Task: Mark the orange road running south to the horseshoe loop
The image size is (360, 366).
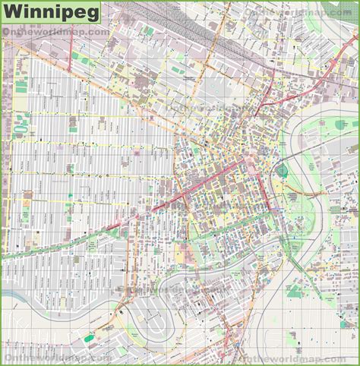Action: point(122,251)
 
